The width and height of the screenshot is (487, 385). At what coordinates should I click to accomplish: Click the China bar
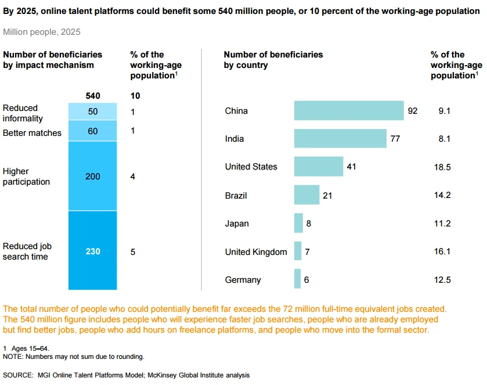tap(349, 110)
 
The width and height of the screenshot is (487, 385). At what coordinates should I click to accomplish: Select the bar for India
tap(340, 138)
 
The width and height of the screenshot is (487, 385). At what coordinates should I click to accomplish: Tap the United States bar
tap(319, 167)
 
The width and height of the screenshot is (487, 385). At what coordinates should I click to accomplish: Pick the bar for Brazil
tap(306, 195)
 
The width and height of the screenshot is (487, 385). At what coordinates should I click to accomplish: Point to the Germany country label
tap(243, 280)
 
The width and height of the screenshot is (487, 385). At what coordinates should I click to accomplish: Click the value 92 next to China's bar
tap(413, 111)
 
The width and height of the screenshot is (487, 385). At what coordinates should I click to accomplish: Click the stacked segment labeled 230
tap(93, 251)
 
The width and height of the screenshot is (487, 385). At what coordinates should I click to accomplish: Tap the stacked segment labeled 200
tap(93, 176)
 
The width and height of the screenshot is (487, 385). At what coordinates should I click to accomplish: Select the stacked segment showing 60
tap(93, 131)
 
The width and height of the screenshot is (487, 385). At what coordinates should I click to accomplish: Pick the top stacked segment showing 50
tap(93, 111)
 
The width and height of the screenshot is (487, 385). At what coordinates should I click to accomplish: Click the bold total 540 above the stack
tap(93, 95)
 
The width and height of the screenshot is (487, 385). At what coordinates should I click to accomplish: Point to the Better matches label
tap(32, 133)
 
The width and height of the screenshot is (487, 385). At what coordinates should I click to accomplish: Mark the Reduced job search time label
tap(26, 251)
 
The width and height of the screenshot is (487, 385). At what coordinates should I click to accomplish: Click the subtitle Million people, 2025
tap(42, 32)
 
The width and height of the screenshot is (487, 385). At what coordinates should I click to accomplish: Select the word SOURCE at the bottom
tap(17, 375)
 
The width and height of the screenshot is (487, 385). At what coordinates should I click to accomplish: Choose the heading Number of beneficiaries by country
tap(273, 60)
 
